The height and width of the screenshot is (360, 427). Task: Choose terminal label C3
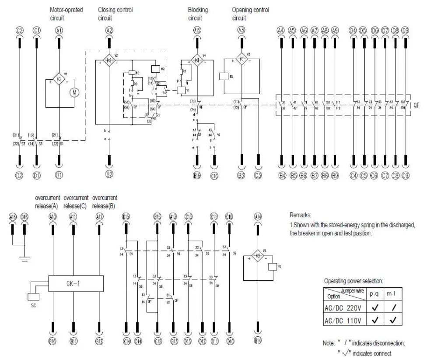coord(259,176)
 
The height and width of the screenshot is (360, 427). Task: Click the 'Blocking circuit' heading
coord(198,14)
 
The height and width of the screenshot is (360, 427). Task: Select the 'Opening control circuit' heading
coord(250,14)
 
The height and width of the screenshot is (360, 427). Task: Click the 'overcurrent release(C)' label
coord(76,201)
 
